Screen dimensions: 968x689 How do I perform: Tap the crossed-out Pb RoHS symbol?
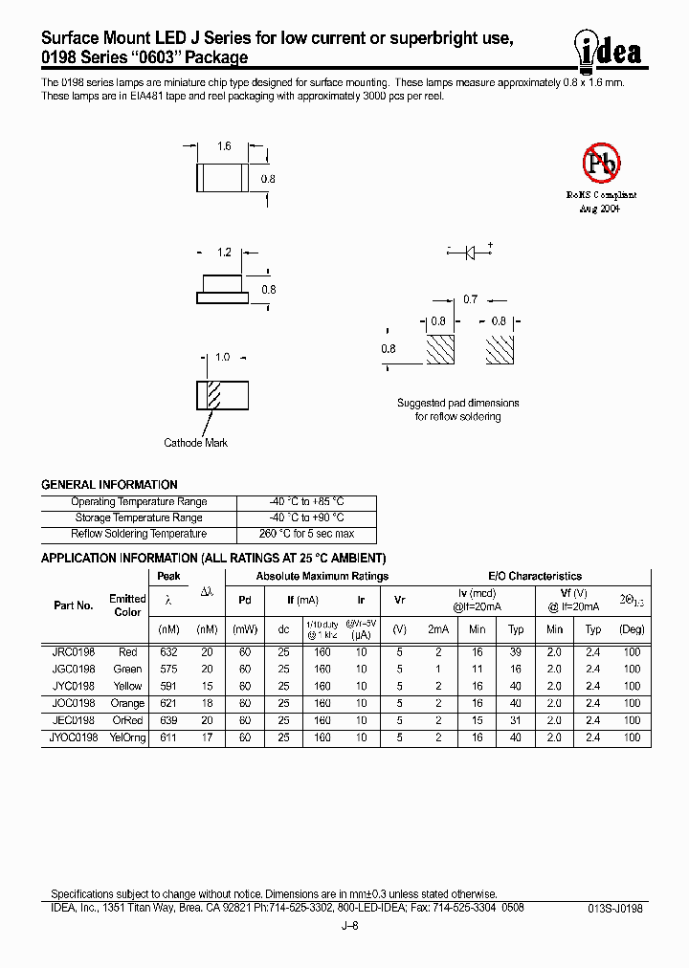pos(602,164)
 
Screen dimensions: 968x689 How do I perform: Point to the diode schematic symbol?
pos(470,253)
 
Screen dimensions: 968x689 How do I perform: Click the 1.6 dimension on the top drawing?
pos(224,146)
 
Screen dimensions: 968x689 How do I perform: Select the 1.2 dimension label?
pos(224,253)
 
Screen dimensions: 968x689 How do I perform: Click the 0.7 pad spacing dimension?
pos(470,299)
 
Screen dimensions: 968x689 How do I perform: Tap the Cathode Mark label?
pos(196,443)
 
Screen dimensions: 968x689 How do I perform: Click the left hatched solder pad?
pos(439,349)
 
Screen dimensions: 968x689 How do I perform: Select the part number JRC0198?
pos(74,652)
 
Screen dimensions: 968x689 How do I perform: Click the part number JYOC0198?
pos(74,738)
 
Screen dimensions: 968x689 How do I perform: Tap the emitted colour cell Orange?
pos(127,704)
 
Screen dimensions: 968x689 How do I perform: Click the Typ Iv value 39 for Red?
pos(516,652)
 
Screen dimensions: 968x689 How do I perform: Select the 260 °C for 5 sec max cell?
pos(305,534)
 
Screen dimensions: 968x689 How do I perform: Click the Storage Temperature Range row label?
pos(139,517)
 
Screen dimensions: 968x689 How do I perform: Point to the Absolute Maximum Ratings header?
pos(322,576)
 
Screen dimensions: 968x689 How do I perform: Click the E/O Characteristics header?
pos(535,576)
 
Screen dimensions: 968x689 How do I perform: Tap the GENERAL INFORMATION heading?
pos(109,485)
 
